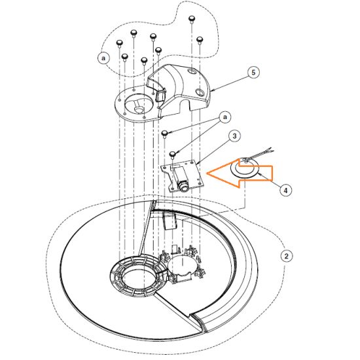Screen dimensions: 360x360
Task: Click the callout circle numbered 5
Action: tap(253, 73)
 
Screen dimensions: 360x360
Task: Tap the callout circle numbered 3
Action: tap(234, 136)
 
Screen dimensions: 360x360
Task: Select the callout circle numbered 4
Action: tap(285, 190)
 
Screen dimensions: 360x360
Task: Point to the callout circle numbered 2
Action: tap(286, 256)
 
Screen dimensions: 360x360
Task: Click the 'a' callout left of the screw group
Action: tap(103, 58)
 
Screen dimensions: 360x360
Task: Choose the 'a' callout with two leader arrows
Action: tap(225, 117)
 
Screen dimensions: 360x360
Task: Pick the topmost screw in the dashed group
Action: tap(191, 18)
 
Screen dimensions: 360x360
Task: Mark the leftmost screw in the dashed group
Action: tap(120, 43)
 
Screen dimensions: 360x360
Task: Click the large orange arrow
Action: tap(240, 173)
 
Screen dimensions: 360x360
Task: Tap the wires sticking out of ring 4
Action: tap(259, 154)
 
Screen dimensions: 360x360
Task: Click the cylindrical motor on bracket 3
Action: tap(181, 179)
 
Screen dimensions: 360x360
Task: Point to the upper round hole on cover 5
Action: tap(192, 71)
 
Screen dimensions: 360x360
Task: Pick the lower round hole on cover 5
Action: tap(200, 92)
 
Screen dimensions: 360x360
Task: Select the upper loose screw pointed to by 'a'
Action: tap(164, 133)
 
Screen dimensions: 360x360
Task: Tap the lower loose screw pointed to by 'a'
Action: tap(172, 154)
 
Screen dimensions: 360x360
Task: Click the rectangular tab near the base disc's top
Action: tap(170, 221)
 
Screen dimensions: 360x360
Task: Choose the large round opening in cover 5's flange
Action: tap(139, 104)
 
